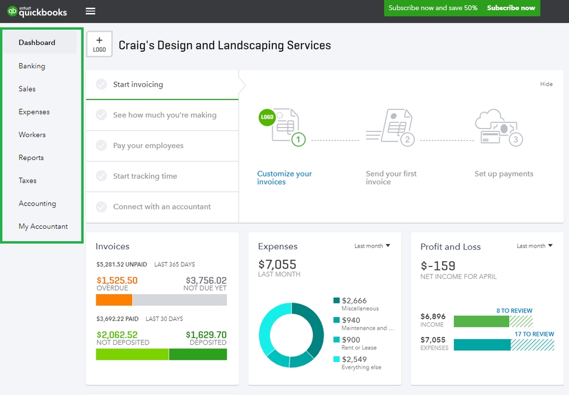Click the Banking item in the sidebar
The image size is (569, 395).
click(32, 66)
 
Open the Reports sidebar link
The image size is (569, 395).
click(31, 158)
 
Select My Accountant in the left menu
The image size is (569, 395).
click(43, 227)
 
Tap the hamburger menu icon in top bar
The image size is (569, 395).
click(91, 11)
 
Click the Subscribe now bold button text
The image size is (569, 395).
click(511, 8)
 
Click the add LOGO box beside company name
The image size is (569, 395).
click(99, 44)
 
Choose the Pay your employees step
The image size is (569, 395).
click(148, 146)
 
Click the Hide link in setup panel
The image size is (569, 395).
click(546, 84)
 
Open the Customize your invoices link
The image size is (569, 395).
click(284, 178)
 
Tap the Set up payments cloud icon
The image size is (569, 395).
click(497, 126)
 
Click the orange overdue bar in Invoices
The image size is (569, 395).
click(114, 300)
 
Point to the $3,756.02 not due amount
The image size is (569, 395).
click(206, 281)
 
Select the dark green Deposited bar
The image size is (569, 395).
click(198, 354)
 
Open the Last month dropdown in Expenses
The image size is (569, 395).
click(372, 246)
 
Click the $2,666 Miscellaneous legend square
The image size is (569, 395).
click(337, 301)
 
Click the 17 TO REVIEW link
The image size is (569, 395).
click(534, 334)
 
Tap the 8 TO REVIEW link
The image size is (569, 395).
click(514, 311)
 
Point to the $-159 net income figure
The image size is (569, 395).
click(438, 266)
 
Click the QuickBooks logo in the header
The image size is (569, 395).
click(37, 11)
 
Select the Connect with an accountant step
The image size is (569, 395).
click(162, 207)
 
